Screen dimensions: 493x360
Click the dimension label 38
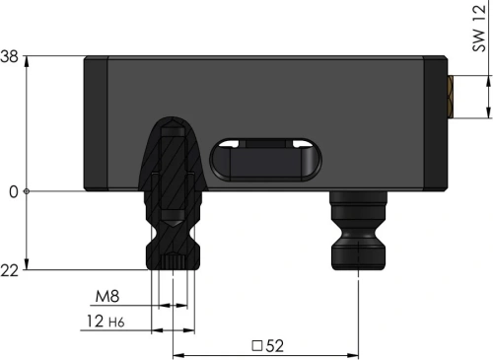pos(9,57)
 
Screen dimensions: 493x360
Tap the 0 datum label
pos(14,192)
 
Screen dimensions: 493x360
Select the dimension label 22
pos(9,271)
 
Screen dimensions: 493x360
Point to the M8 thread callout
pos(107,296)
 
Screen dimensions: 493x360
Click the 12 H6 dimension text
pos(106,322)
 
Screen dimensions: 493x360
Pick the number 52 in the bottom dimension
pos(274,346)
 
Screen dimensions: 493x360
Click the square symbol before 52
pos(257,346)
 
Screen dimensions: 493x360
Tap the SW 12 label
pos(479,29)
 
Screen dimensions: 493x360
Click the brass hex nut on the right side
pos(451,97)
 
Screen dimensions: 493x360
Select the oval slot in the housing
pos(265,160)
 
